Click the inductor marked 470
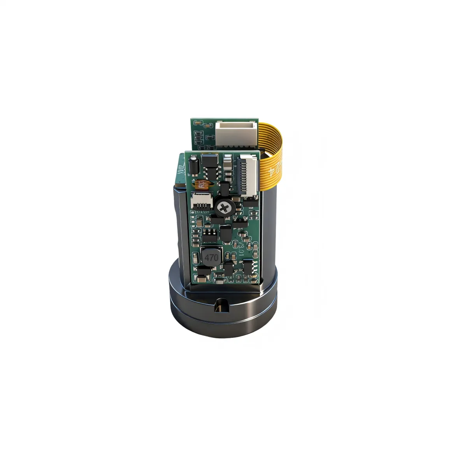pos(211,257)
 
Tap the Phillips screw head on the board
pos(223,207)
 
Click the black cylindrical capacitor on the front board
pos(193,165)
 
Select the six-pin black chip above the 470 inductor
pos(210,234)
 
